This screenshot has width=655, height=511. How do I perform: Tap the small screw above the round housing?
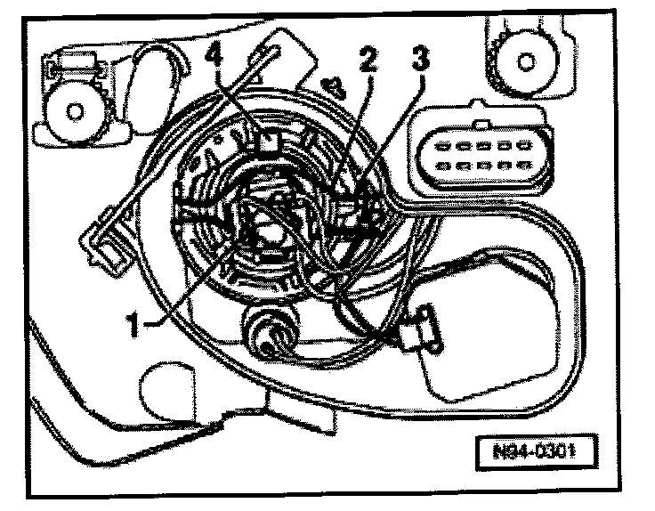click(336, 87)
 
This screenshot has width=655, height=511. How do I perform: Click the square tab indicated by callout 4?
click(267, 142)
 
